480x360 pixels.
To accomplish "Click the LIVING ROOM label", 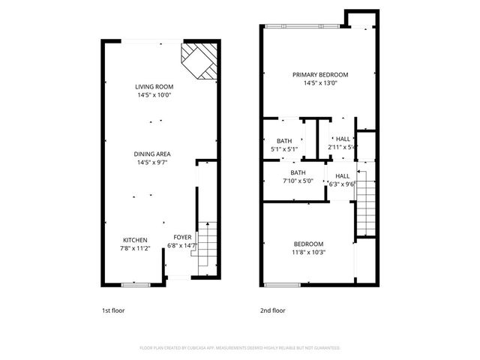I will click(x=154, y=87).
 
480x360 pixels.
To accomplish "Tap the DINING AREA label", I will click(x=153, y=154).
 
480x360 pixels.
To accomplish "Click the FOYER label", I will click(x=182, y=237).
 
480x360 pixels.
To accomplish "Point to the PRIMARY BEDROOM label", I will click(x=320, y=75).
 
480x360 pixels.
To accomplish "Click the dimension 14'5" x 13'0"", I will click(x=320, y=83).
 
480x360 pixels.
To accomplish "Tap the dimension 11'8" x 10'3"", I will click(x=308, y=253).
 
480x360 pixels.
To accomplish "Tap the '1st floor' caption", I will click(x=114, y=310).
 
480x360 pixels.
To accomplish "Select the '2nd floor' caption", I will click(x=273, y=310).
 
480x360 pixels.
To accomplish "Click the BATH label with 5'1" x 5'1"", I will click(x=284, y=141).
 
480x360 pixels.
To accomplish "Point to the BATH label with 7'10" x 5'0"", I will click(x=298, y=172).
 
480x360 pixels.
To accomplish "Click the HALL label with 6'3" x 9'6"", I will click(x=340, y=175).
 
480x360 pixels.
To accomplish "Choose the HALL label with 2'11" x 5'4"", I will click(x=343, y=139).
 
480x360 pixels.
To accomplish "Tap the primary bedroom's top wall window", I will click(x=301, y=27).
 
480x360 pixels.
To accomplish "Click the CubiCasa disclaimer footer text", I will click(x=240, y=348).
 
